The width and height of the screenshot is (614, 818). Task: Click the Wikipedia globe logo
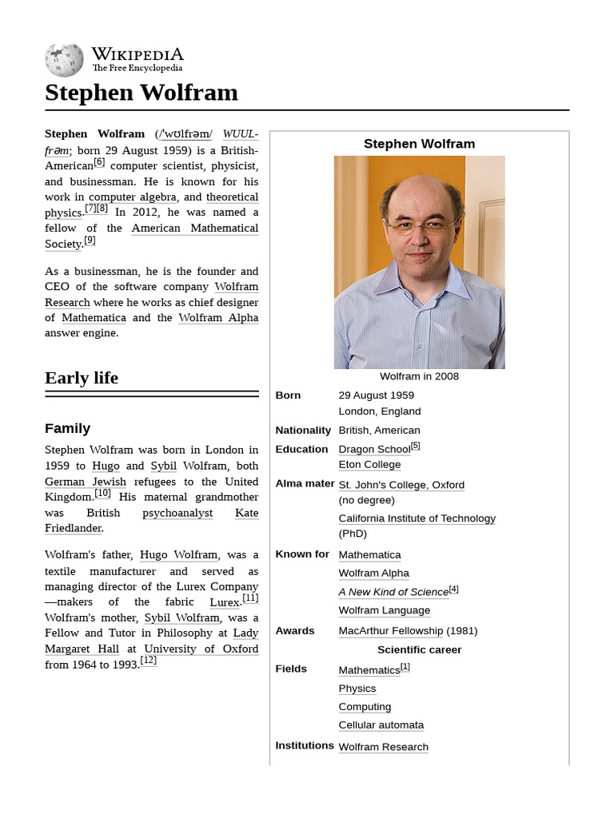click(64, 61)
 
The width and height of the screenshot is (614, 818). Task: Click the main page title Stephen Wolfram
click(142, 93)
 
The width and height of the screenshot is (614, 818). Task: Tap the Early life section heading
click(82, 378)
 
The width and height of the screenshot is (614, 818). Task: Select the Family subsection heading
click(67, 428)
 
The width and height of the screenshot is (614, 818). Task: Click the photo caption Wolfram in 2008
click(419, 376)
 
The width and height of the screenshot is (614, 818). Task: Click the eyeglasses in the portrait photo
click(421, 225)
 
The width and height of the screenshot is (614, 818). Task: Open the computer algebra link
click(132, 197)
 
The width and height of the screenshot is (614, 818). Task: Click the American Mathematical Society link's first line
click(194, 228)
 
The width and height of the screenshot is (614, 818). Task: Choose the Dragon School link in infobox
click(374, 450)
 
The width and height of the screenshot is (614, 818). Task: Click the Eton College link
click(369, 465)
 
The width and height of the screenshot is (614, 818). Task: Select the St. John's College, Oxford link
click(401, 485)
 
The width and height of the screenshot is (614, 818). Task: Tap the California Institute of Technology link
click(417, 518)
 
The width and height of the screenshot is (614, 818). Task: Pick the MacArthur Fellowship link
click(390, 631)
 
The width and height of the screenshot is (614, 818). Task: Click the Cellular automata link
click(381, 725)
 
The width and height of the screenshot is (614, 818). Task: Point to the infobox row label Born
click(288, 395)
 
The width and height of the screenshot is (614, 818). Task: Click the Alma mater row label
click(305, 483)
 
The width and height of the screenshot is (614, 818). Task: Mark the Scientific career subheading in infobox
click(419, 650)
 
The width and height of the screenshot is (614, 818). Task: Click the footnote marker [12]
click(149, 661)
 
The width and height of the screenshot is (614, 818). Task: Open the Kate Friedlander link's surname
click(74, 528)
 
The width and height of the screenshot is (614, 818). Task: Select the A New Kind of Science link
click(393, 592)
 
